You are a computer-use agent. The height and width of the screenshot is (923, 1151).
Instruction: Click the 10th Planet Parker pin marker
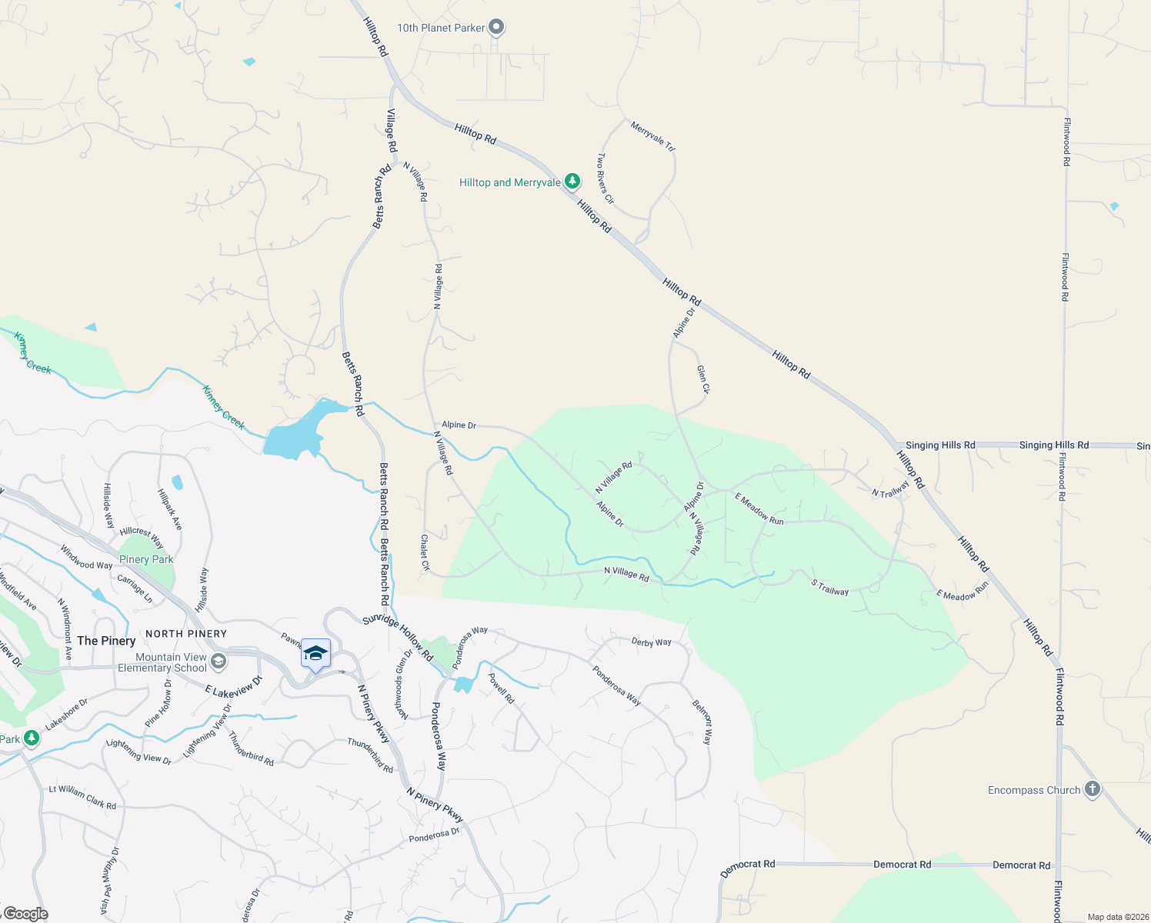click(x=496, y=28)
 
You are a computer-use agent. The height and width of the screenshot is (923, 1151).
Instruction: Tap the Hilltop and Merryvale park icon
click(x=572, y=182)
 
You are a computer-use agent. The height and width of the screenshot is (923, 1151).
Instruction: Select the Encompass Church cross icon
click(x=1092, y=789)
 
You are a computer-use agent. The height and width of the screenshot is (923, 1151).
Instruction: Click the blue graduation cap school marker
click(x=315, y=655)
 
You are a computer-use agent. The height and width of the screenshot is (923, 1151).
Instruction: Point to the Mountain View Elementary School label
click(x=162, y=662)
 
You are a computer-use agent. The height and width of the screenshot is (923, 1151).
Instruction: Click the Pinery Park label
click(x=146, y=559)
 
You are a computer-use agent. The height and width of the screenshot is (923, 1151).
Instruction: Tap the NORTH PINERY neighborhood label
click(x=186, y=634)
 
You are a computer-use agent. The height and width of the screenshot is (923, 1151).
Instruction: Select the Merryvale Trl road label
click(x=652, y=136)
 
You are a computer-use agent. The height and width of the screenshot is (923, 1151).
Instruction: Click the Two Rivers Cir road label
click(x=606, y=178)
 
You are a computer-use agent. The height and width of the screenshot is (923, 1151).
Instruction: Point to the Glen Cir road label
click(x=703, y=380)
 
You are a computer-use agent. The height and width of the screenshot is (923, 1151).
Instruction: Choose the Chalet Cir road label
click(x=425, y=553)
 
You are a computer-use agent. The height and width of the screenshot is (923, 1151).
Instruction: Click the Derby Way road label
click(x=651, y=642)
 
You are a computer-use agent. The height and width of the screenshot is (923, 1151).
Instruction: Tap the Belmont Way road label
click(x=702, y=721)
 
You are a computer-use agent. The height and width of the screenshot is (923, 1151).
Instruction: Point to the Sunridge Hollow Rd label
click(x=398, y=638)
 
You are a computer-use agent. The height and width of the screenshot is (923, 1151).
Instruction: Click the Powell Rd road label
click(x=501, y=688)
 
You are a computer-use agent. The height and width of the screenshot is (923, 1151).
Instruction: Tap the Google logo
click(x=25, y=914)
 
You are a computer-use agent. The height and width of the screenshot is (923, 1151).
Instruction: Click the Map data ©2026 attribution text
click(x=1115, y=917)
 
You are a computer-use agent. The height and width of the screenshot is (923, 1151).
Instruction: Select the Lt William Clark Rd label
click(x=82, y=797)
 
